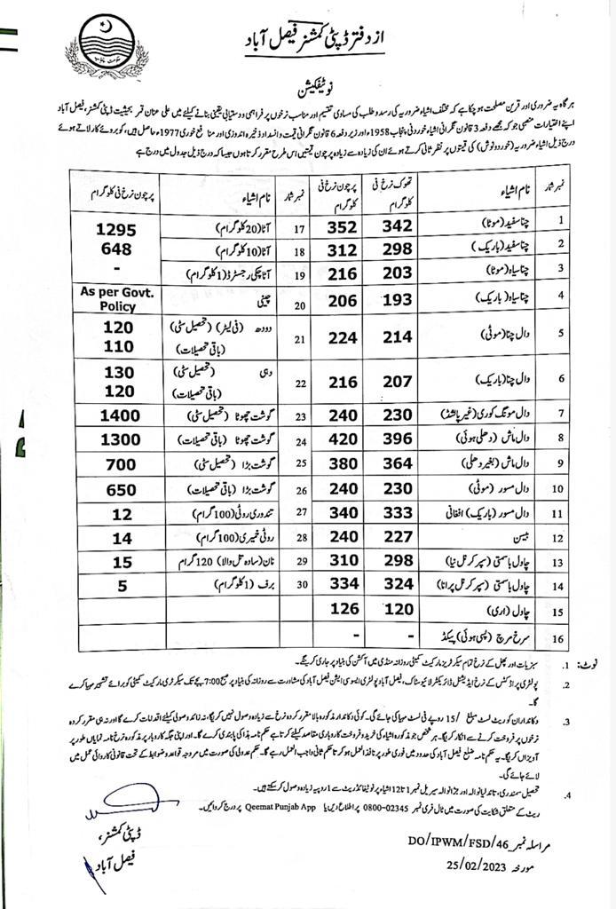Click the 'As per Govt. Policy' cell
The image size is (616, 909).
pos(116,298)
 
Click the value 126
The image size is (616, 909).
pos(341,612)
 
